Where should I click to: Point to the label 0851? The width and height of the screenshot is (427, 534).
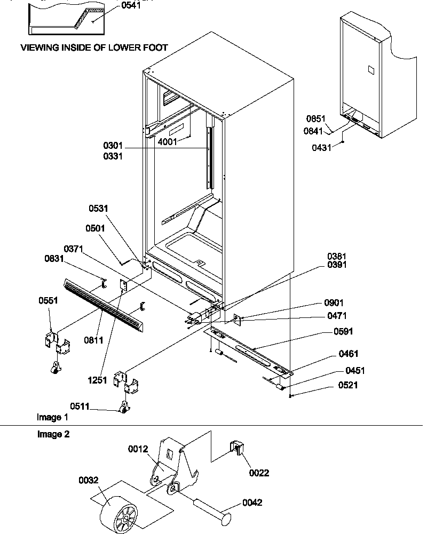tap(315, 119)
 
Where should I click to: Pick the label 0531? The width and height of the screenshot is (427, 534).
tap(99, 209)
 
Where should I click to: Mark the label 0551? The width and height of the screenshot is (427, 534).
tap(48, 300)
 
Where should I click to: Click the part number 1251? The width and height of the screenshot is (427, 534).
tap(99, 380)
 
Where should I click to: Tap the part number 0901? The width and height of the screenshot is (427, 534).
tap(334, 303)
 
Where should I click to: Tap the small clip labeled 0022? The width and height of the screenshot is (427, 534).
tap(237, 450)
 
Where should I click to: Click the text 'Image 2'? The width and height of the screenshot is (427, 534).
tap(53, 434)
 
